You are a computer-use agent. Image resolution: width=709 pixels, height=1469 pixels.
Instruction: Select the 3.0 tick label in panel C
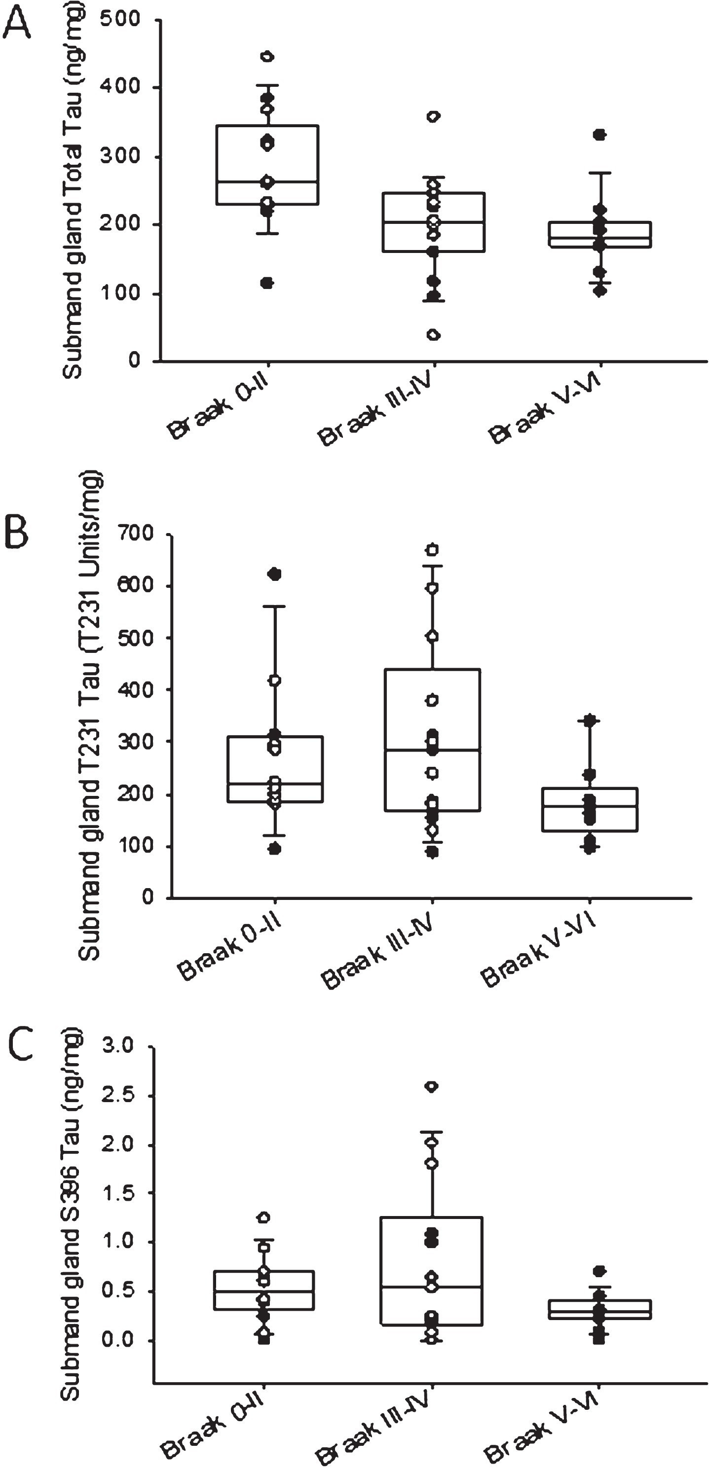click(x=117, y=1045)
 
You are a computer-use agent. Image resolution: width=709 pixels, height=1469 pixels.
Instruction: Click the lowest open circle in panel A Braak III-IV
click(x=434, y=335)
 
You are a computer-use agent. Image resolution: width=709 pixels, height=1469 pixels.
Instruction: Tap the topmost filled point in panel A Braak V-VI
click(x=599, y=135)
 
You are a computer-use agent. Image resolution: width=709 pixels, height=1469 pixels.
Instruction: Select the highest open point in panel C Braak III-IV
click(x=432, y=1087)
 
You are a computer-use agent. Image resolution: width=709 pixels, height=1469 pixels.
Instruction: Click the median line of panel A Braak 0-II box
click(x=267, y=182)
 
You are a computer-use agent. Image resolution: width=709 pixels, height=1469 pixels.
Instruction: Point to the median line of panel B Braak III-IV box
click(x=432, y=750)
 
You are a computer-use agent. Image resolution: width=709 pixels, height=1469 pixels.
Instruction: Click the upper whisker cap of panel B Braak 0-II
click(x=275, y=607)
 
